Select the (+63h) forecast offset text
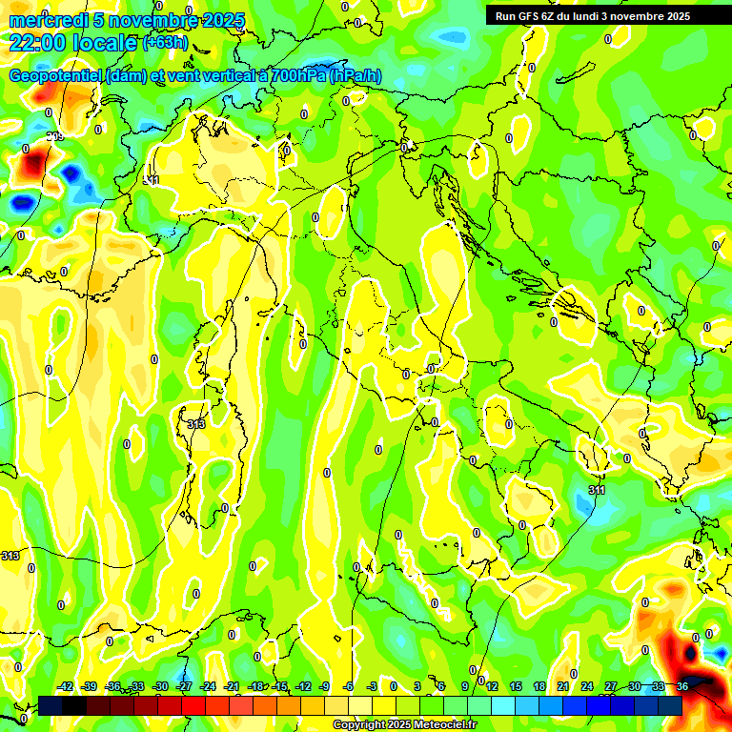click(x=165, y=42)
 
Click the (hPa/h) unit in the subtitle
click(x=361, y=76)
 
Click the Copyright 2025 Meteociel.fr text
click(x=404, y=725)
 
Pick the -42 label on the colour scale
click(x=66, y=686)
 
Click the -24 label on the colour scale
click(x=209, y=686)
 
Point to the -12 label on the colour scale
click(x=303, y=686)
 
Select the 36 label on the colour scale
click(x=682, y=686)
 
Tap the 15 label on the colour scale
click(x=515, y=686)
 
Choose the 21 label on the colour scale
click(x=562, y=686)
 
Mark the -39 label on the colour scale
click(x=90, y=686)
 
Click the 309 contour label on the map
click(x=56, y=137)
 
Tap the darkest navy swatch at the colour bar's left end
click(x=51, y=705)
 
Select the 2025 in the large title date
click(x=224, y=20)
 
